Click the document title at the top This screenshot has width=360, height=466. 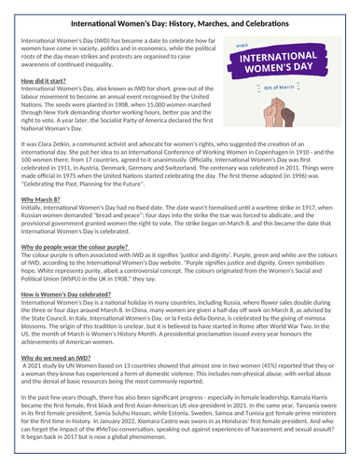tap(179, 20)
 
